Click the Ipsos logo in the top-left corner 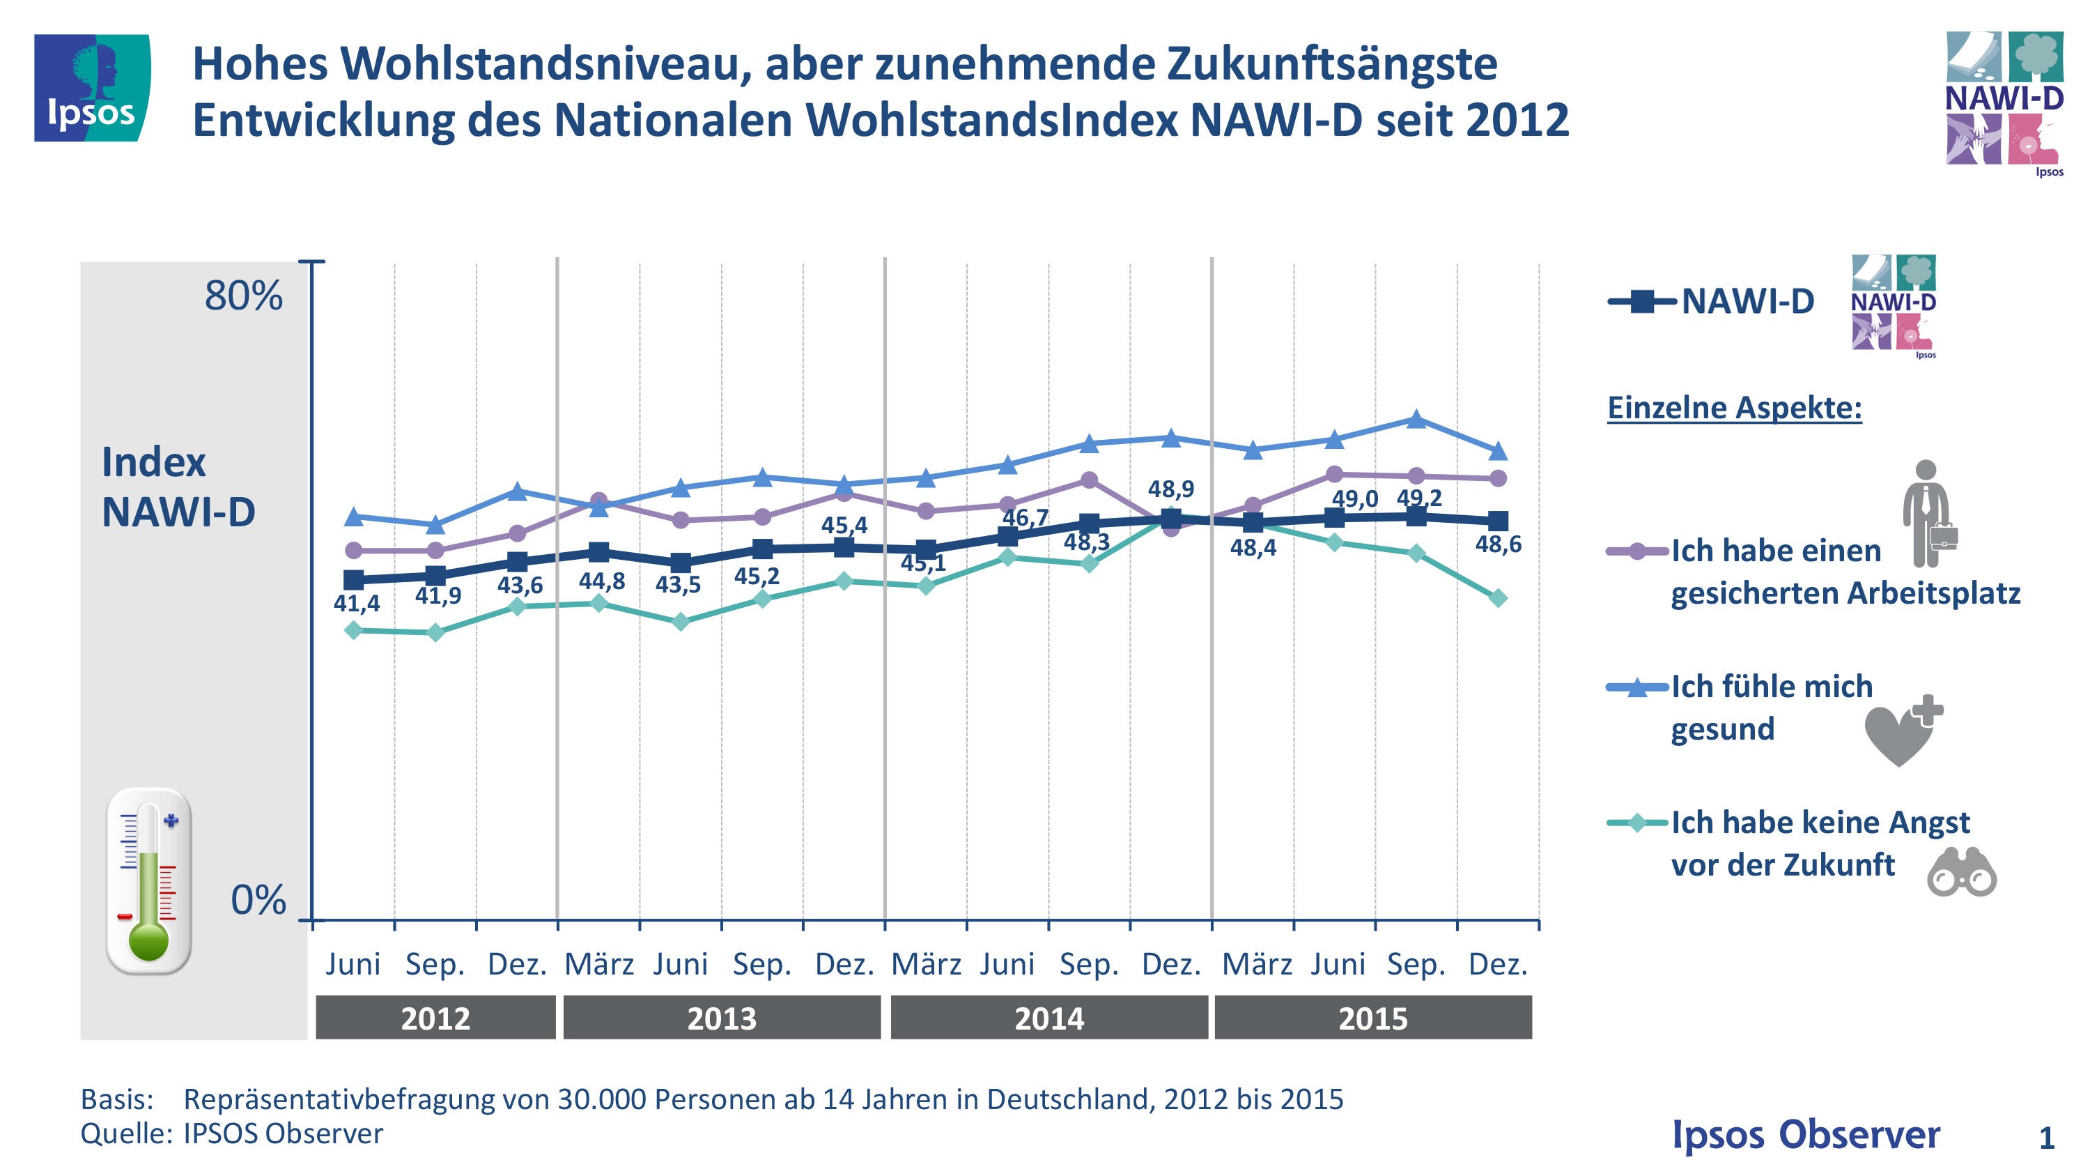[92, 88]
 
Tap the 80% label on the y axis [243, 296]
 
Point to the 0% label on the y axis [258, 900]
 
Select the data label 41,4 [356, 603]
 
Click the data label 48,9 [1170, 489]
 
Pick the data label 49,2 [1419, 498]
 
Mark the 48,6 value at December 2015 [1498, 544]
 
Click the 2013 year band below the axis [721, 1018]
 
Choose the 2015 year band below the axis [1372, 1018]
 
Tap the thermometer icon [148, 880]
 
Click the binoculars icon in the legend [1961, 873]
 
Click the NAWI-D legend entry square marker [1641, 302]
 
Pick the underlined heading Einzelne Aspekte [1734, 407]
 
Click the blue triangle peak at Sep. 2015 [1416, 419]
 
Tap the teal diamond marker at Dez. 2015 [1499, 598]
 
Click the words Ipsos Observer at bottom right [1805, 1133]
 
